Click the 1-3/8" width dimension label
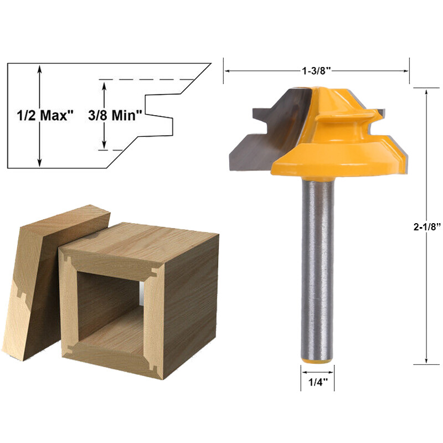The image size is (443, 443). [x=316, y=71]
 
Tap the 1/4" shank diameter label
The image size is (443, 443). [x=317, y=382]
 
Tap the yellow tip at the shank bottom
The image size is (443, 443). [x=317, y=360]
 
